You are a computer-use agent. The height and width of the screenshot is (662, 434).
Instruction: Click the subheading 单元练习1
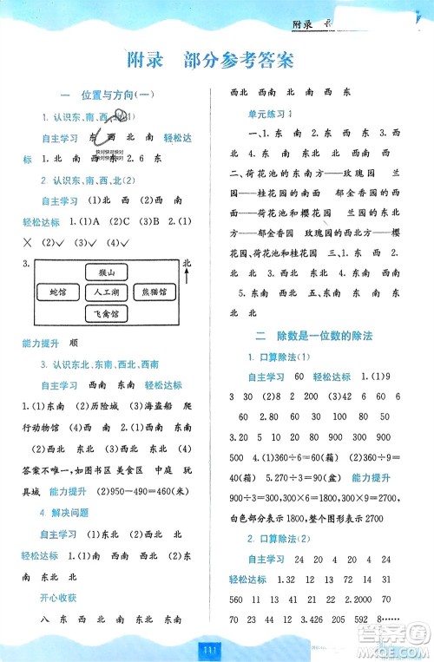click(x=273, y=114)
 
